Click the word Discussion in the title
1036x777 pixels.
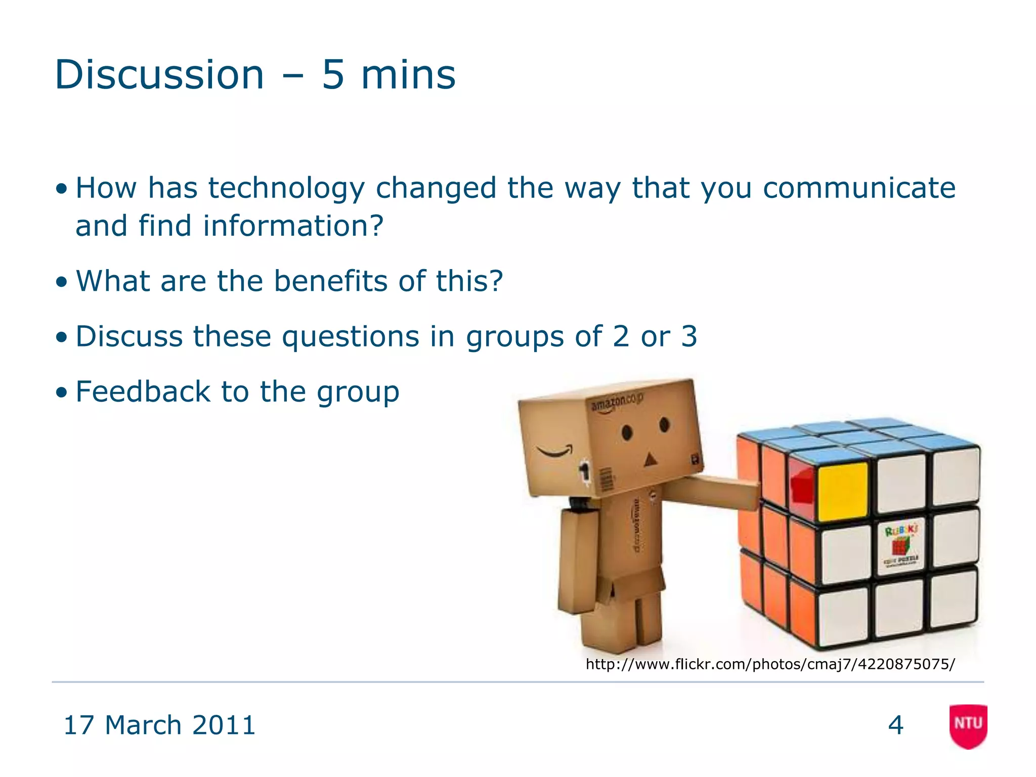tap(159, 75)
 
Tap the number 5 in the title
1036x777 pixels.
tap(333, 75)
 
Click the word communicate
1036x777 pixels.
tap(859, 188)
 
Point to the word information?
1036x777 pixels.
tap(293, 226)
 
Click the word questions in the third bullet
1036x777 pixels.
tap(351, 336)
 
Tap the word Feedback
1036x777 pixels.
tap(143, 392)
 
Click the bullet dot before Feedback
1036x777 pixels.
tap(62, 393)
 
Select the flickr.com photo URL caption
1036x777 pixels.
tap(770, 664)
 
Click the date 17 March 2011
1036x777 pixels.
tap(159, 725)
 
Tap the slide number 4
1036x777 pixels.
tap(895, 725)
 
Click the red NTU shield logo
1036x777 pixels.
tap(968, 725)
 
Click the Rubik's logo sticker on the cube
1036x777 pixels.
tap(901, 546)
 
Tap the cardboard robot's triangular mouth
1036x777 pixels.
tap(650, 459)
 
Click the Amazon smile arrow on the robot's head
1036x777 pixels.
tap(555, 450)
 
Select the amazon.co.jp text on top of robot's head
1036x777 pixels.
tap(617, 403)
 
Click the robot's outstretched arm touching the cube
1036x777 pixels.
tap(713, 492)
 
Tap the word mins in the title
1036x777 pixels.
tap(408, 75)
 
